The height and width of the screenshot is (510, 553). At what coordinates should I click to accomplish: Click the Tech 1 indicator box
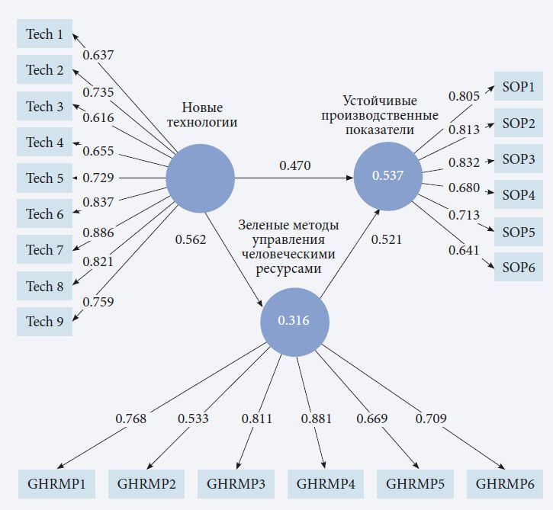(x=44, y=34)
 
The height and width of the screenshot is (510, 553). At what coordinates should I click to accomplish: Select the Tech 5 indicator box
(x=44, y=178)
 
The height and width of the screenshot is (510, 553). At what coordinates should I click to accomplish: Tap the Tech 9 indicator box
(x=44, y=322)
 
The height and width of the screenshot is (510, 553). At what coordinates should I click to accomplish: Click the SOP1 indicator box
(x=518, y=86)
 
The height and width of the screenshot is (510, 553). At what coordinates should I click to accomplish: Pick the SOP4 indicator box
(x=518, y=195)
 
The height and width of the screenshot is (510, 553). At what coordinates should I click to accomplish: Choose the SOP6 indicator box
(x=518, y=268)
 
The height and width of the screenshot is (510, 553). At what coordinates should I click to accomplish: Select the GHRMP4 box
(x=325, y=483)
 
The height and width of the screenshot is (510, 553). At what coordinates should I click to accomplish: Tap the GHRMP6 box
(x=505, y=483)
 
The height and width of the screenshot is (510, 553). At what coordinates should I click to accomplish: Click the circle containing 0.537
(x=387, y=176)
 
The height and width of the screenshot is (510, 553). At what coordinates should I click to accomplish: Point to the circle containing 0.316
(x=294, y=321)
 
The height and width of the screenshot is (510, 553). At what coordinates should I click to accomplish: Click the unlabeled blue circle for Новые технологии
(x=201, y=178)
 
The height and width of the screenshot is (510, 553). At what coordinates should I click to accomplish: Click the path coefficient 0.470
(x=294, y=164)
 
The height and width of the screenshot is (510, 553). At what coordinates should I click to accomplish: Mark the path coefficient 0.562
(x=191, y=239)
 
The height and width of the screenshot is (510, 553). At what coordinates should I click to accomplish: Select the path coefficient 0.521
(x=387, y=239)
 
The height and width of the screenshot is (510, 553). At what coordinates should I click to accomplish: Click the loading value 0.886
(x=98, y=232)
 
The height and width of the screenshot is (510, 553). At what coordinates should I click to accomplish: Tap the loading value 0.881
(x=317, y=419)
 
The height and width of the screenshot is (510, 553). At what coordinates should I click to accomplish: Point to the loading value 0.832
(x=464, y=162)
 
